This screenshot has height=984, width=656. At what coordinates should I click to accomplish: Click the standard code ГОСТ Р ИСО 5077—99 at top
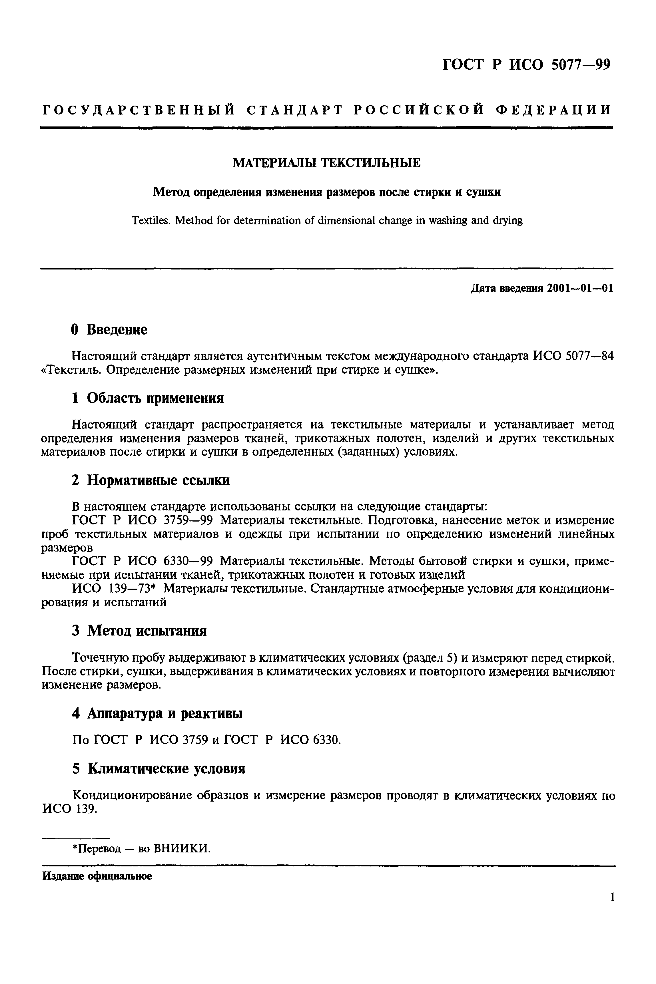tap(526, 65)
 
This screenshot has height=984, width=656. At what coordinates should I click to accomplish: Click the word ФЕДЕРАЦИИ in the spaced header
tap(553, 110)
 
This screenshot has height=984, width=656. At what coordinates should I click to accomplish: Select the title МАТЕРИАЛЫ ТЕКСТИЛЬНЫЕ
tap(326, 163)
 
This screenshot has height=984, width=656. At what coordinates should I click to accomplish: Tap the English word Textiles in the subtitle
tap(150, 220)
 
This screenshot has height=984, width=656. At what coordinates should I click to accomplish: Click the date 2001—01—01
tap(580, 289)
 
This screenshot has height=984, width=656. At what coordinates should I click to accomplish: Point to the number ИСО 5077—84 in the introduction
tap(573, 356)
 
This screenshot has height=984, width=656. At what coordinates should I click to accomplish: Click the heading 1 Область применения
tap(147, 398)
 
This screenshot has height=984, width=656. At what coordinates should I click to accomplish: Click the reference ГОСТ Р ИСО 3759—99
tap(142, 520)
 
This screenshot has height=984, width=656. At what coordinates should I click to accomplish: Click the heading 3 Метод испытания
tap(139, 631)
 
